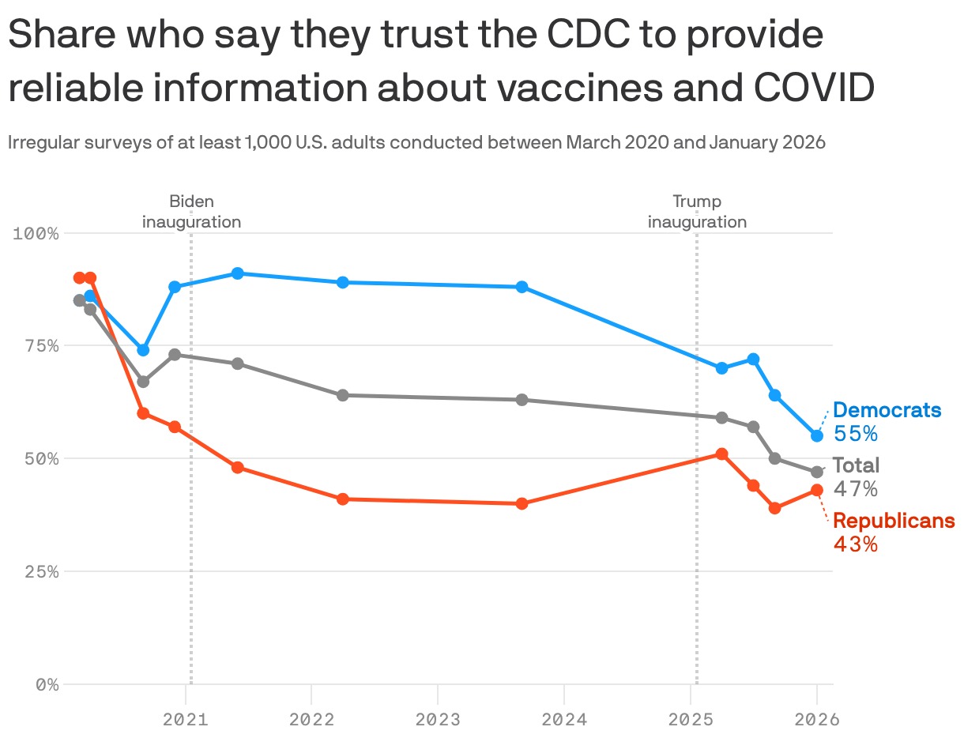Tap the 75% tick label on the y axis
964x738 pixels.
37,346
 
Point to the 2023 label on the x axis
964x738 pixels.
437,720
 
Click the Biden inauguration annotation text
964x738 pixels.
191,212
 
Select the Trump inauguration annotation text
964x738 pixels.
697,212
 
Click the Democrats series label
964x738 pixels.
887,410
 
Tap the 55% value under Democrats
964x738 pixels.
856,434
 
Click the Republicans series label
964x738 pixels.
894,521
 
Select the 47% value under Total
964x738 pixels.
856,489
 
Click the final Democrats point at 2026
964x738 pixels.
817,435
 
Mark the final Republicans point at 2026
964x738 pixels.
817,490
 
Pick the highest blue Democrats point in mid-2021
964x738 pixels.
237,273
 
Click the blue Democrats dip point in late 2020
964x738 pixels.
143,350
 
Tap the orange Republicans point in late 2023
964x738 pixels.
522,503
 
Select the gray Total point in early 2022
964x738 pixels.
343,395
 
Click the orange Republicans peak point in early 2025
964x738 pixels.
721,454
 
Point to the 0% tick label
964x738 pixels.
47,685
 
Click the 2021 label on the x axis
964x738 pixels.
185,720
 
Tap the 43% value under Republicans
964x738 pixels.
856,544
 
